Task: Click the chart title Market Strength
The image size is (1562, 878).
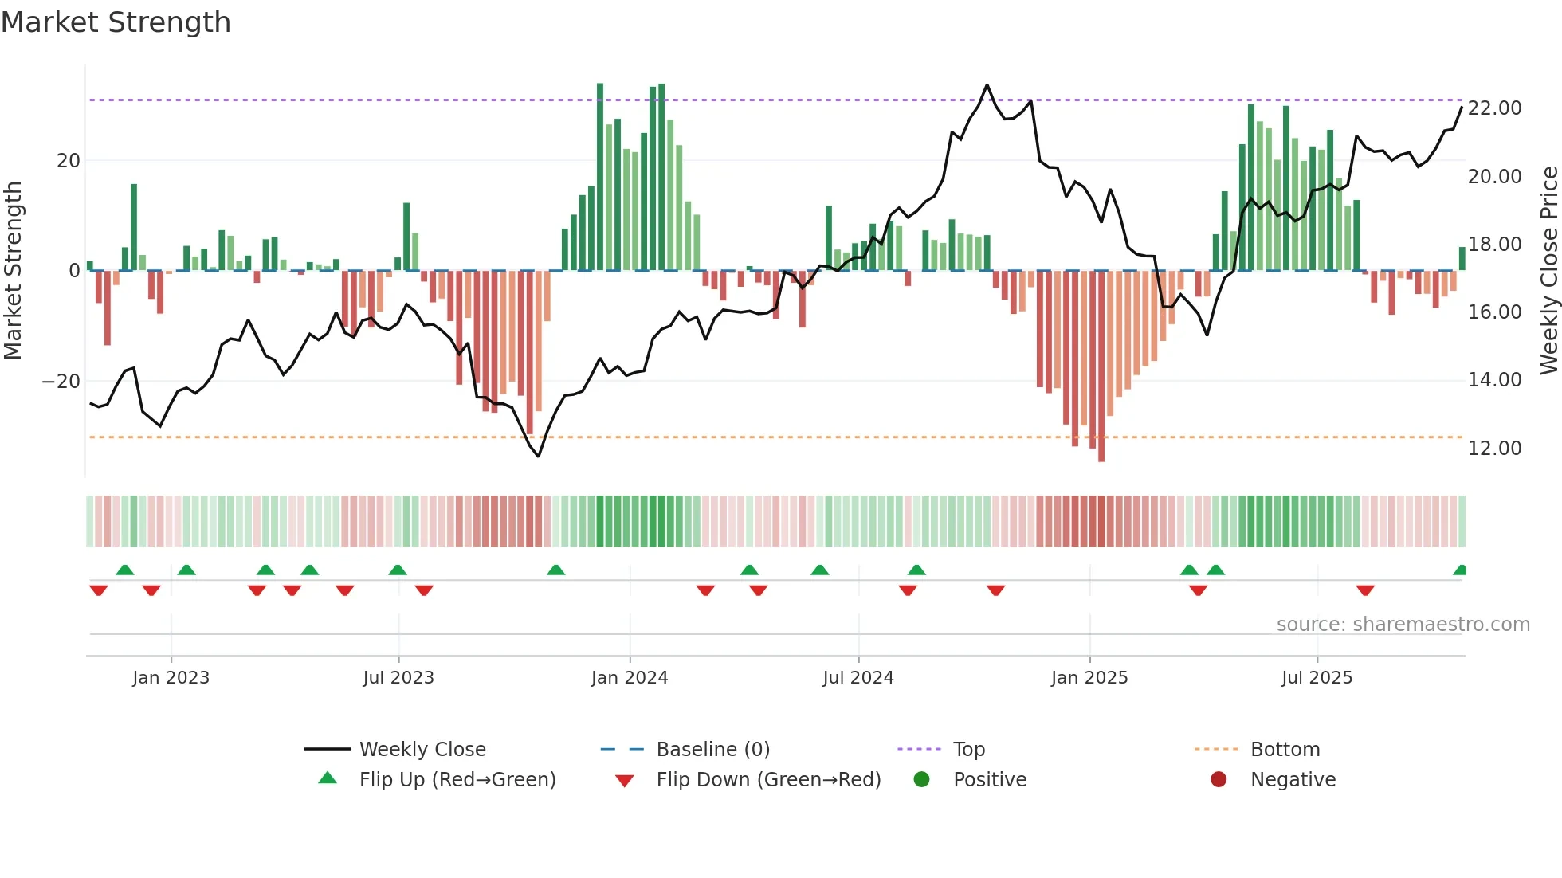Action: point(116,22)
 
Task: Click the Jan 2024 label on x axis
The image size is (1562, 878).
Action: point(630,678)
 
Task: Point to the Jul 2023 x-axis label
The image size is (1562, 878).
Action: point(398,678)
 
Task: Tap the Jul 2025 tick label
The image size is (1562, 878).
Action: point(1317,678)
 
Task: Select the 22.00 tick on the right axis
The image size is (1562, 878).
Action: point(1494,108)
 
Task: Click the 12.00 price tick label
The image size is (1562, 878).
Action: point(1494,449)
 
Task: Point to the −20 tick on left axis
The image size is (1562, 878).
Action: point(61,382)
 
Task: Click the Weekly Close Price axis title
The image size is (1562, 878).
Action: point(1548,271)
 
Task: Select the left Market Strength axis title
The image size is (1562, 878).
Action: point(14,271)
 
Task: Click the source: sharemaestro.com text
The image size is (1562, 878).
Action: point(1403,625)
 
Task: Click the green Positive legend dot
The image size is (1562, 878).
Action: point(922,780)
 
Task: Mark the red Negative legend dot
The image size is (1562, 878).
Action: point(1219,780)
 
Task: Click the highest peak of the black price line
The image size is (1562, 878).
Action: point(987,85)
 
